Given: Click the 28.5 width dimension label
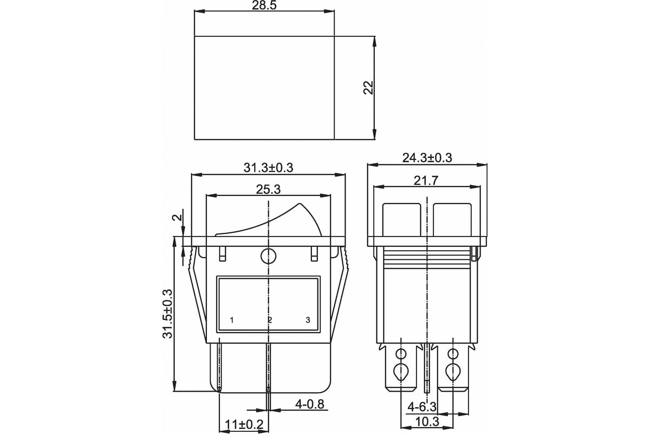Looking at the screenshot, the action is (264, 5).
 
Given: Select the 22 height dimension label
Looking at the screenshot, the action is (368, 87).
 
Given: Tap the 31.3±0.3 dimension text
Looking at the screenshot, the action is (269, 168).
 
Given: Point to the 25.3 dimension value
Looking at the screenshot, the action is (269, 189).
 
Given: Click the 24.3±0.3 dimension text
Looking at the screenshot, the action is (427, 158).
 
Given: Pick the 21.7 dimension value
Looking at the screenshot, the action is (426, 181).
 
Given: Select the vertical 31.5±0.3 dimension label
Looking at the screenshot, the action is (168, 314).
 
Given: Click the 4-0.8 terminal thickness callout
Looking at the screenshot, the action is (310, 404).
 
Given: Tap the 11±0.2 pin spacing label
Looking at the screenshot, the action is (244, 425).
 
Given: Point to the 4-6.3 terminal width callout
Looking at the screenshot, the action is (422, 407).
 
